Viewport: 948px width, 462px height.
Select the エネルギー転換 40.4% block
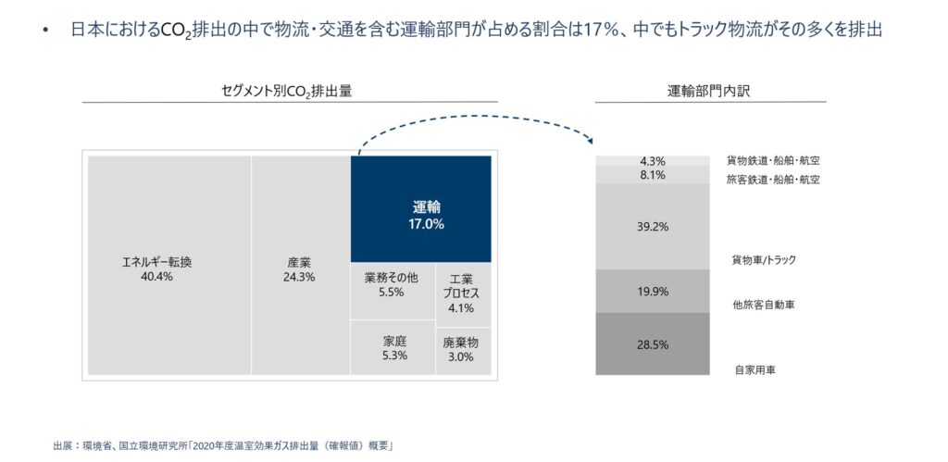[168, 265]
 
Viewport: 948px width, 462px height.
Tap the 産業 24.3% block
[300, 265]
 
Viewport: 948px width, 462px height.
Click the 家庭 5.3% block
[392, 348]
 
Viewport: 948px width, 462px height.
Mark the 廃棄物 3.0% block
[462, 348]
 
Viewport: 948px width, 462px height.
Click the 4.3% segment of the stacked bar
[653, 160]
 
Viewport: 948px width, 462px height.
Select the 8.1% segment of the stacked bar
[653, 174]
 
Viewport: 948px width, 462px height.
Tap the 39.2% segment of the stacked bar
[653, 226]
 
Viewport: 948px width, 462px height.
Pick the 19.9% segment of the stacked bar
[653, 291]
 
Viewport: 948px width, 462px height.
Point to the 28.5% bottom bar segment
[653, 343]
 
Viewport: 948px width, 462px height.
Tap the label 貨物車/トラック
[764, 260]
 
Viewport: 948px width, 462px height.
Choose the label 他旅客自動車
[763, 304]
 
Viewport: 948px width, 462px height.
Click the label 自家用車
[755, 369]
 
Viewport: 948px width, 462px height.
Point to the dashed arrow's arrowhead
[589, 142]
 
